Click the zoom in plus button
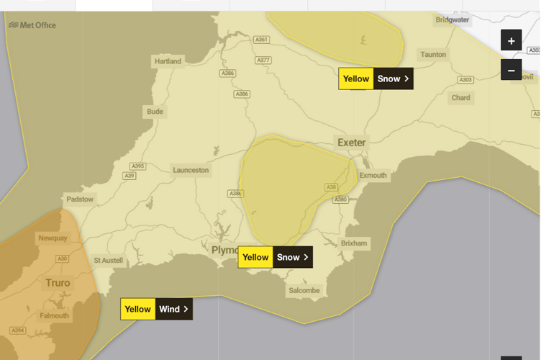[x=511, y=41]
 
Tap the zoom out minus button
[x=511, y=71]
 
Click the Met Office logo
[x=32, y=25]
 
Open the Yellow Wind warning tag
[x=156, y=309]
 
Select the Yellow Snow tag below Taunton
[x=376, y=78]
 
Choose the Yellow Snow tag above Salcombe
[x=276, y=257]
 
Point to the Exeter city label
[x=352, y=143]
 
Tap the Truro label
[x=58, y=283]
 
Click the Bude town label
[x=155, y=112]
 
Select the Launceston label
[x=191, y=170]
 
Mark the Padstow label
[x=80, y=199]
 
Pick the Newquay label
[x=52, y=238]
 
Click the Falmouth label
[x=55, y=315]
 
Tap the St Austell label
[x=109, y=260]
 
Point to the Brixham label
[x=354, y=243]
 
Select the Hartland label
[x=168, y=61]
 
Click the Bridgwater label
[x=453, y=20]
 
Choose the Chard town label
[x=461, y=98]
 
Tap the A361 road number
[x=262, y=40]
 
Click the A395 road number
[x=137, y=166]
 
